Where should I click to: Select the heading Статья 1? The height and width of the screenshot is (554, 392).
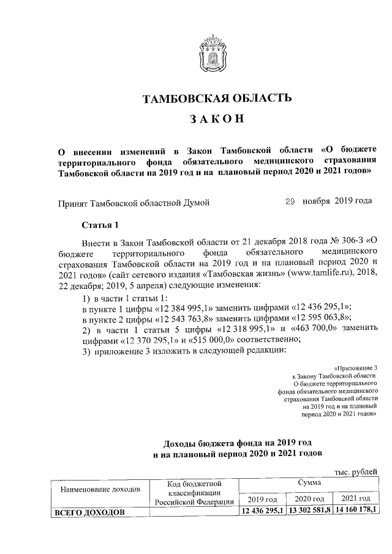[100, 225]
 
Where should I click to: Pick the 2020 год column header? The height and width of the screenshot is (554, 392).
[309, 499]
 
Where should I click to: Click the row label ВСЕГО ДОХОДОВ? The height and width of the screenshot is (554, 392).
[89, 511]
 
